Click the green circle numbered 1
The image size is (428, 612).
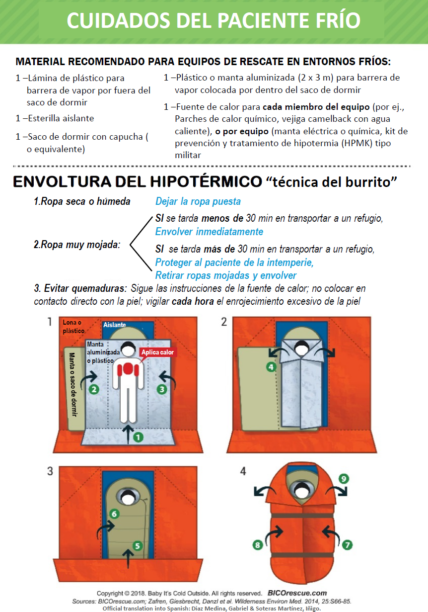[x=138, y=437]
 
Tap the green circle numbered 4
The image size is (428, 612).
[x=271, y=367]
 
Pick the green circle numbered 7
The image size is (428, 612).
[x=347, y=545]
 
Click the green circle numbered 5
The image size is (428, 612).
[x=138, y=545]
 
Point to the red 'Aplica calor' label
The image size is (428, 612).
[x=158, y=352]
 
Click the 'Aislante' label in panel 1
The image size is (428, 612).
[x=115, y=325]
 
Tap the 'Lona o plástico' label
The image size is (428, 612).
[x=73, y=326]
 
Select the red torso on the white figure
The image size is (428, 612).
[x=129, y=369]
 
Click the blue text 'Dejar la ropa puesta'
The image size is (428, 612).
[x=198, y=201]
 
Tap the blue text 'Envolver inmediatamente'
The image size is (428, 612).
[x=209, y=232]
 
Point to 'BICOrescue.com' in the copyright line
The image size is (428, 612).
[x=297, y=593]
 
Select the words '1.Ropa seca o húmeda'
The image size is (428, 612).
[x=82, y=201]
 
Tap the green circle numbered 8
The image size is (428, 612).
[x=257, y=545]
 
